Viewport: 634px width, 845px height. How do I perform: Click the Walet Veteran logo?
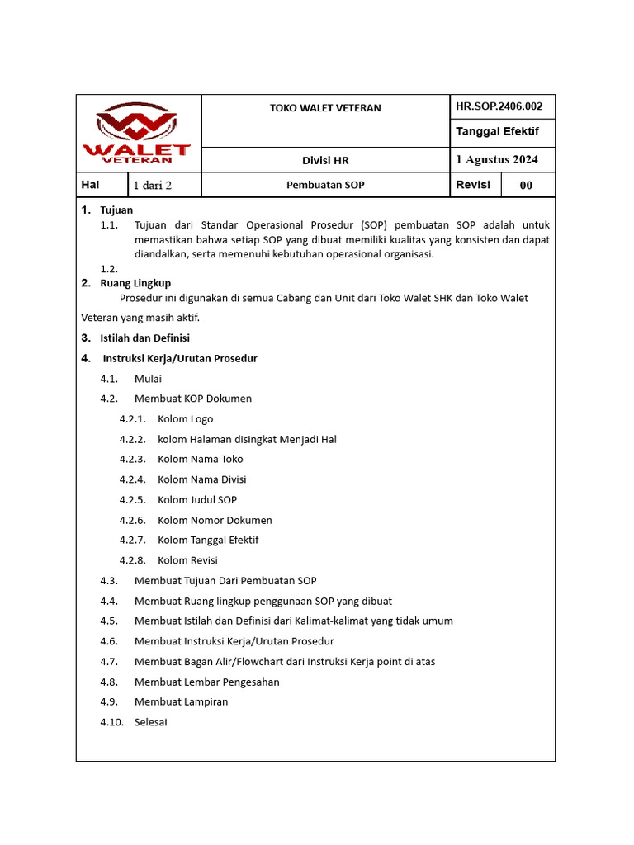click(x=138, y=133)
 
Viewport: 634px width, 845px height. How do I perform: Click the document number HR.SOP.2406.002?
click(x=499, y=106)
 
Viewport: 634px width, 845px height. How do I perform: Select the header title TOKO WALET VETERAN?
click(x=325, y=108)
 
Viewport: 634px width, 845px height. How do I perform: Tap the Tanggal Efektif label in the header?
click(x=497, y=132)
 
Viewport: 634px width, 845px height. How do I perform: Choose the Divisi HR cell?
click(x=325, y=160)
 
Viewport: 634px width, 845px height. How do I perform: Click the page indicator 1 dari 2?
click(x=153, y=185)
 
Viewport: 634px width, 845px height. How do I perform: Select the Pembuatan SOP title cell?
click(x=325, y=185)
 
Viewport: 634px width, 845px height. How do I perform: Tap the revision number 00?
click(x=526, y=186)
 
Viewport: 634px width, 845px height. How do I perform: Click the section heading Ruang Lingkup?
click(x=135, y=283)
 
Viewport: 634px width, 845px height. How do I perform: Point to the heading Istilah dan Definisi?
click(x=144, y=338)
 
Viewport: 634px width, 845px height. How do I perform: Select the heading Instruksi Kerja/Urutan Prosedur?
click(x=180, y=358)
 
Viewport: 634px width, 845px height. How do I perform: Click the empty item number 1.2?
click(x=109, y=269)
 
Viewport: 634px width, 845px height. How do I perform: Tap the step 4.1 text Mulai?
click(x=148, y=379)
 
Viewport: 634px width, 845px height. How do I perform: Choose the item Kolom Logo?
click(x=185, y=419)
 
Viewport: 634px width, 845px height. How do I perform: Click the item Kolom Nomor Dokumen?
click(x=215, y=520)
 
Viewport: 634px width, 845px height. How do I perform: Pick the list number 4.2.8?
click(x=132, y=560)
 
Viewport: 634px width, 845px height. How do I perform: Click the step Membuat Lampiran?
click(x=181, y=702)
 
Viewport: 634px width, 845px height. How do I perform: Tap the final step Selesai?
click(x=150, y=722)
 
